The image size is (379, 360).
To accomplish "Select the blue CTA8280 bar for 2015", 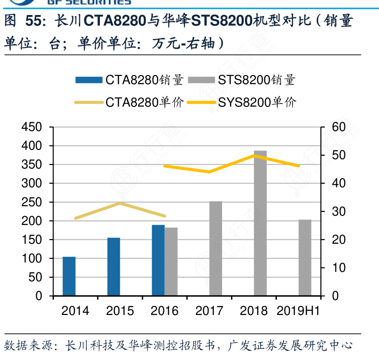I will (x=113, y=267).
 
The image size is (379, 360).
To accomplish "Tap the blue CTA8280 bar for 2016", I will (x=158, y=260).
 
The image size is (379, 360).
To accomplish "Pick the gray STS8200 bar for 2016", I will (x=171, y=262).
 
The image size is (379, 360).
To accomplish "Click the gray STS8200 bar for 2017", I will (x=216, y=248).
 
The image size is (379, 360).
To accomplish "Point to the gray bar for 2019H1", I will (x=305, y=257).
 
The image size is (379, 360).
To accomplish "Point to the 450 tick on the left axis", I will (x=32, y=127).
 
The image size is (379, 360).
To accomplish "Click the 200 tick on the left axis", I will (x=32, y=221).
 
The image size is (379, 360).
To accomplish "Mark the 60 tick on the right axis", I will (x=338, y=127).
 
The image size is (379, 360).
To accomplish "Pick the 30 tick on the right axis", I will (x=338, y=212).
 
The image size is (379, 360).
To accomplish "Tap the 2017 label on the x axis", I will (x=209, y=311).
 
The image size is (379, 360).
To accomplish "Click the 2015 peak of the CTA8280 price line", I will (x=120, y=203).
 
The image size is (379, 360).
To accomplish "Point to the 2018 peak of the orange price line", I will (x=254, y=155).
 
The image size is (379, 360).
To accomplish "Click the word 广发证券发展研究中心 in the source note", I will (x=290, y=346).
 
